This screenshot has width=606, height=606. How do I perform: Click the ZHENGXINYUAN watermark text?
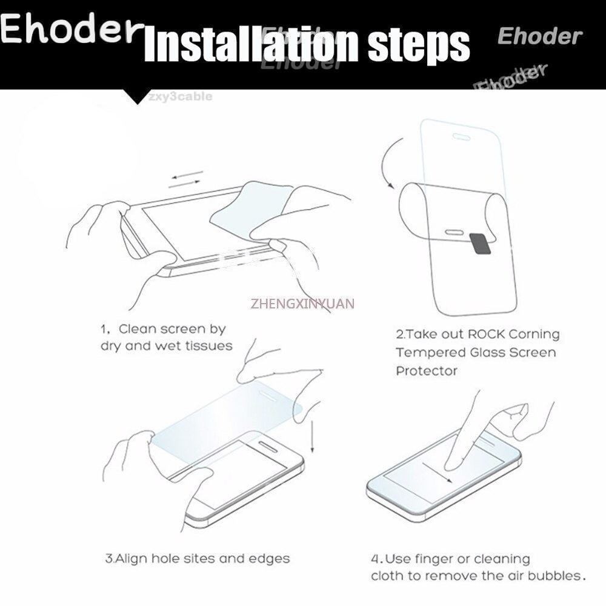click(x=302, y=303)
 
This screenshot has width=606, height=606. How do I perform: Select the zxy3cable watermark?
click(x=181, y=96)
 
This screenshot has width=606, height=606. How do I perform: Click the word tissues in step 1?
click(x=208, y=345)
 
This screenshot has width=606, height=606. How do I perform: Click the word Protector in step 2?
click(x=427, y=371)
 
